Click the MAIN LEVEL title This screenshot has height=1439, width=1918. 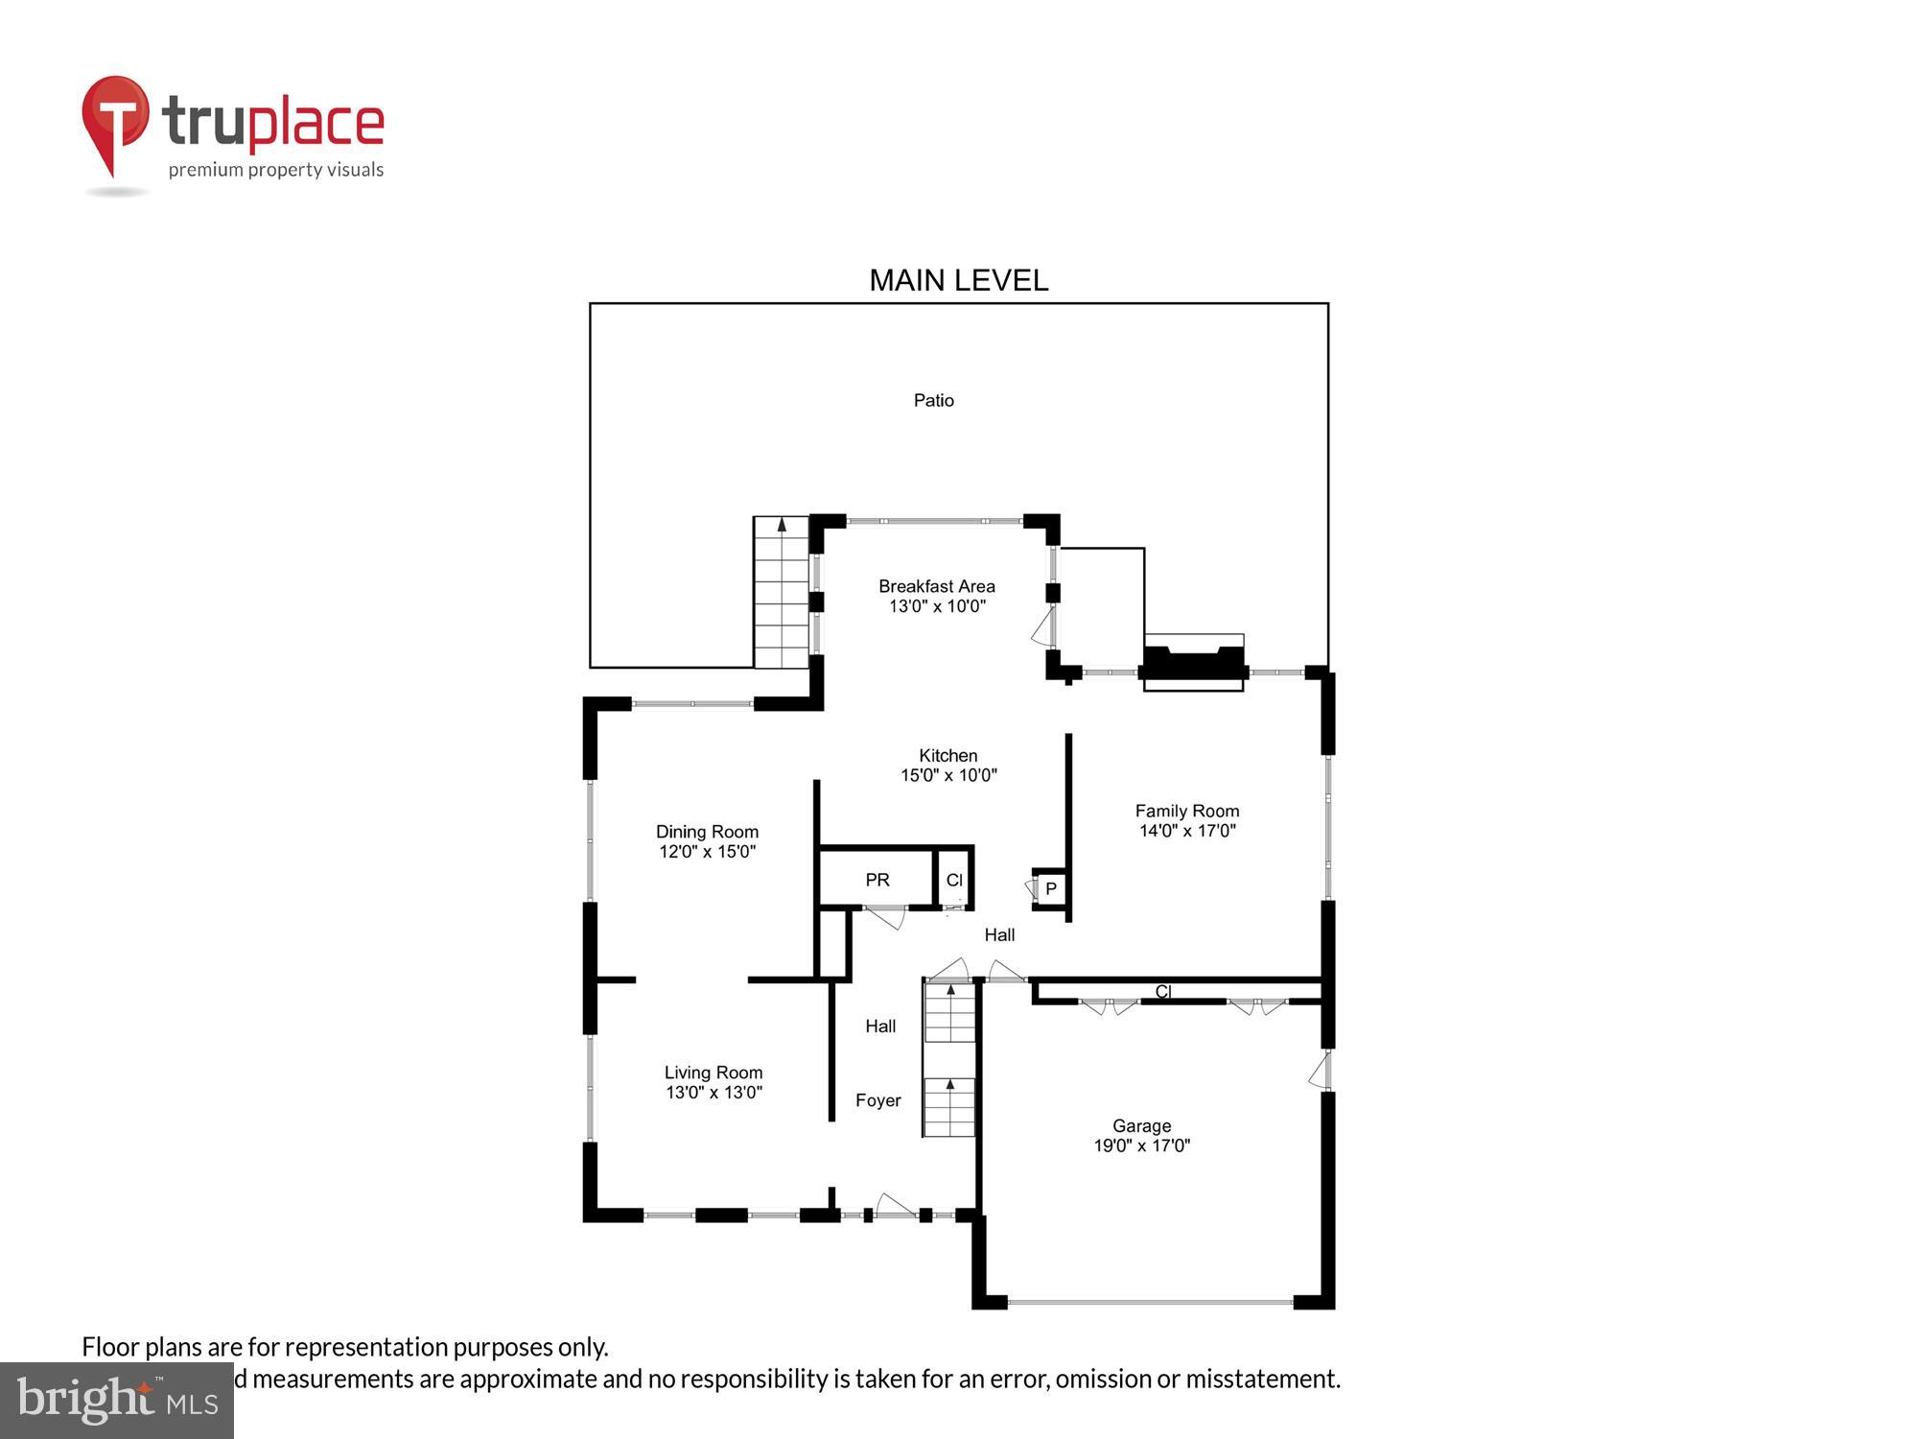pyautogui.click(x=958, y=280)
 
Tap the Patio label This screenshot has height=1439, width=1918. pyautogui.click(x=933, y=400)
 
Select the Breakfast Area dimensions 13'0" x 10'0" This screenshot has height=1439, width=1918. pyautogui.click(x=937, y=606)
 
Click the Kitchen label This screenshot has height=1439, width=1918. pyautogui.click(x=947, y=755)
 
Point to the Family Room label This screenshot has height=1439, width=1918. pyautogui.click(x=1187, y=811)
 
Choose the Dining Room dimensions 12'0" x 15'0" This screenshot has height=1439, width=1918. pyautogui.click(x=707, y=852)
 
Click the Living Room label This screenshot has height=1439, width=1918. pyautogui.click(x=713, y=1073)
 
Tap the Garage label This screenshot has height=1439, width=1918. pyautogui.click(x=1141, y=1125)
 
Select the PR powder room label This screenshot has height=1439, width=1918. pyautogui.click(x=877, y=880)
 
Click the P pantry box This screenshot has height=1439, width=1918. pyautogui.click(x=1051, y=888)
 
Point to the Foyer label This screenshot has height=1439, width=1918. pyautogui.click(x=877, y=1100)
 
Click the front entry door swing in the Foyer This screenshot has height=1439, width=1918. pyautogui.click(x=896, y=1206)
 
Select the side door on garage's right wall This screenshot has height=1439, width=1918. pyautogui.click(x=1321, y=1071)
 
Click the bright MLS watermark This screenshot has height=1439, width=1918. pyautogui.click(x=116, y=1402)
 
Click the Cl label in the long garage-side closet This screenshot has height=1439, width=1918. pyautogui.click(x=1162, y=992)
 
